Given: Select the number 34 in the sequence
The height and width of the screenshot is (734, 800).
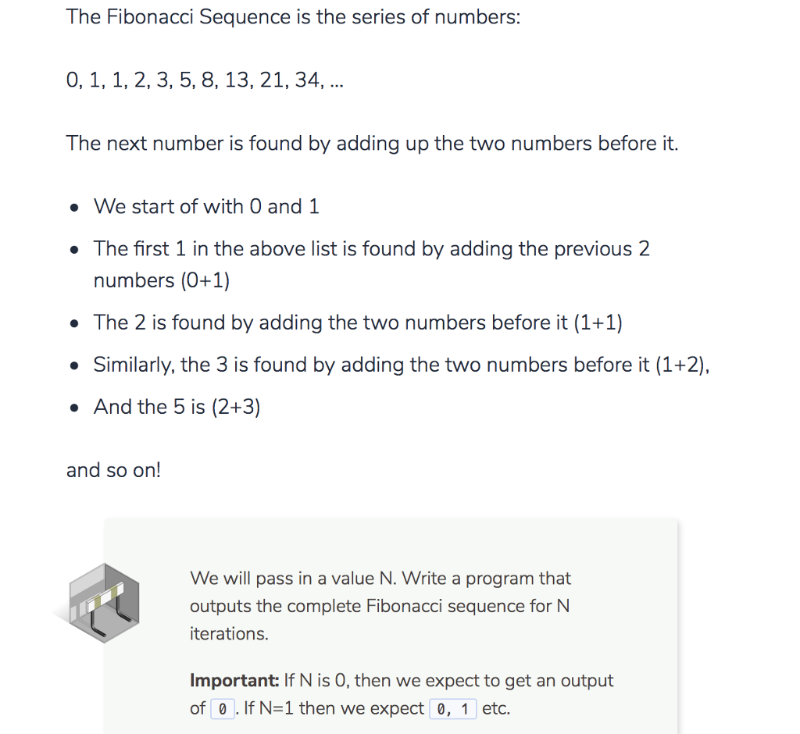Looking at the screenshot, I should [307, 80].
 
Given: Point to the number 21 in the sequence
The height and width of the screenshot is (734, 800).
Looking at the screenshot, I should [271, 80].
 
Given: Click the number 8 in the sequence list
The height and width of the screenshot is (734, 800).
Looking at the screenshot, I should [207, 80].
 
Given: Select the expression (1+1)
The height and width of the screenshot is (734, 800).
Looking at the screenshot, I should [598, 322].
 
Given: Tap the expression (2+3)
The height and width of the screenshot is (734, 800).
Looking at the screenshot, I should [236, 407].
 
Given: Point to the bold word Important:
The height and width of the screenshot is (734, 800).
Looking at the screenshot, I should [234, 681].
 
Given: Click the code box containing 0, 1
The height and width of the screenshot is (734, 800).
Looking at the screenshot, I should [453, 709].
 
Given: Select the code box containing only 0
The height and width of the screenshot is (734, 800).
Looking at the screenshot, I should [223, 709].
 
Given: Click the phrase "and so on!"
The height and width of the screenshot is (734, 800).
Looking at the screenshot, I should [113, 470].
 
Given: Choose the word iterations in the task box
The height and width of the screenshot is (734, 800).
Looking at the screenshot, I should [228, 634].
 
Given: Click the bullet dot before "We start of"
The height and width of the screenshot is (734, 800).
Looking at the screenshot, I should [73, 208].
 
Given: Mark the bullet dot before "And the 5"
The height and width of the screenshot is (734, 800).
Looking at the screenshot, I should [73, 408].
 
